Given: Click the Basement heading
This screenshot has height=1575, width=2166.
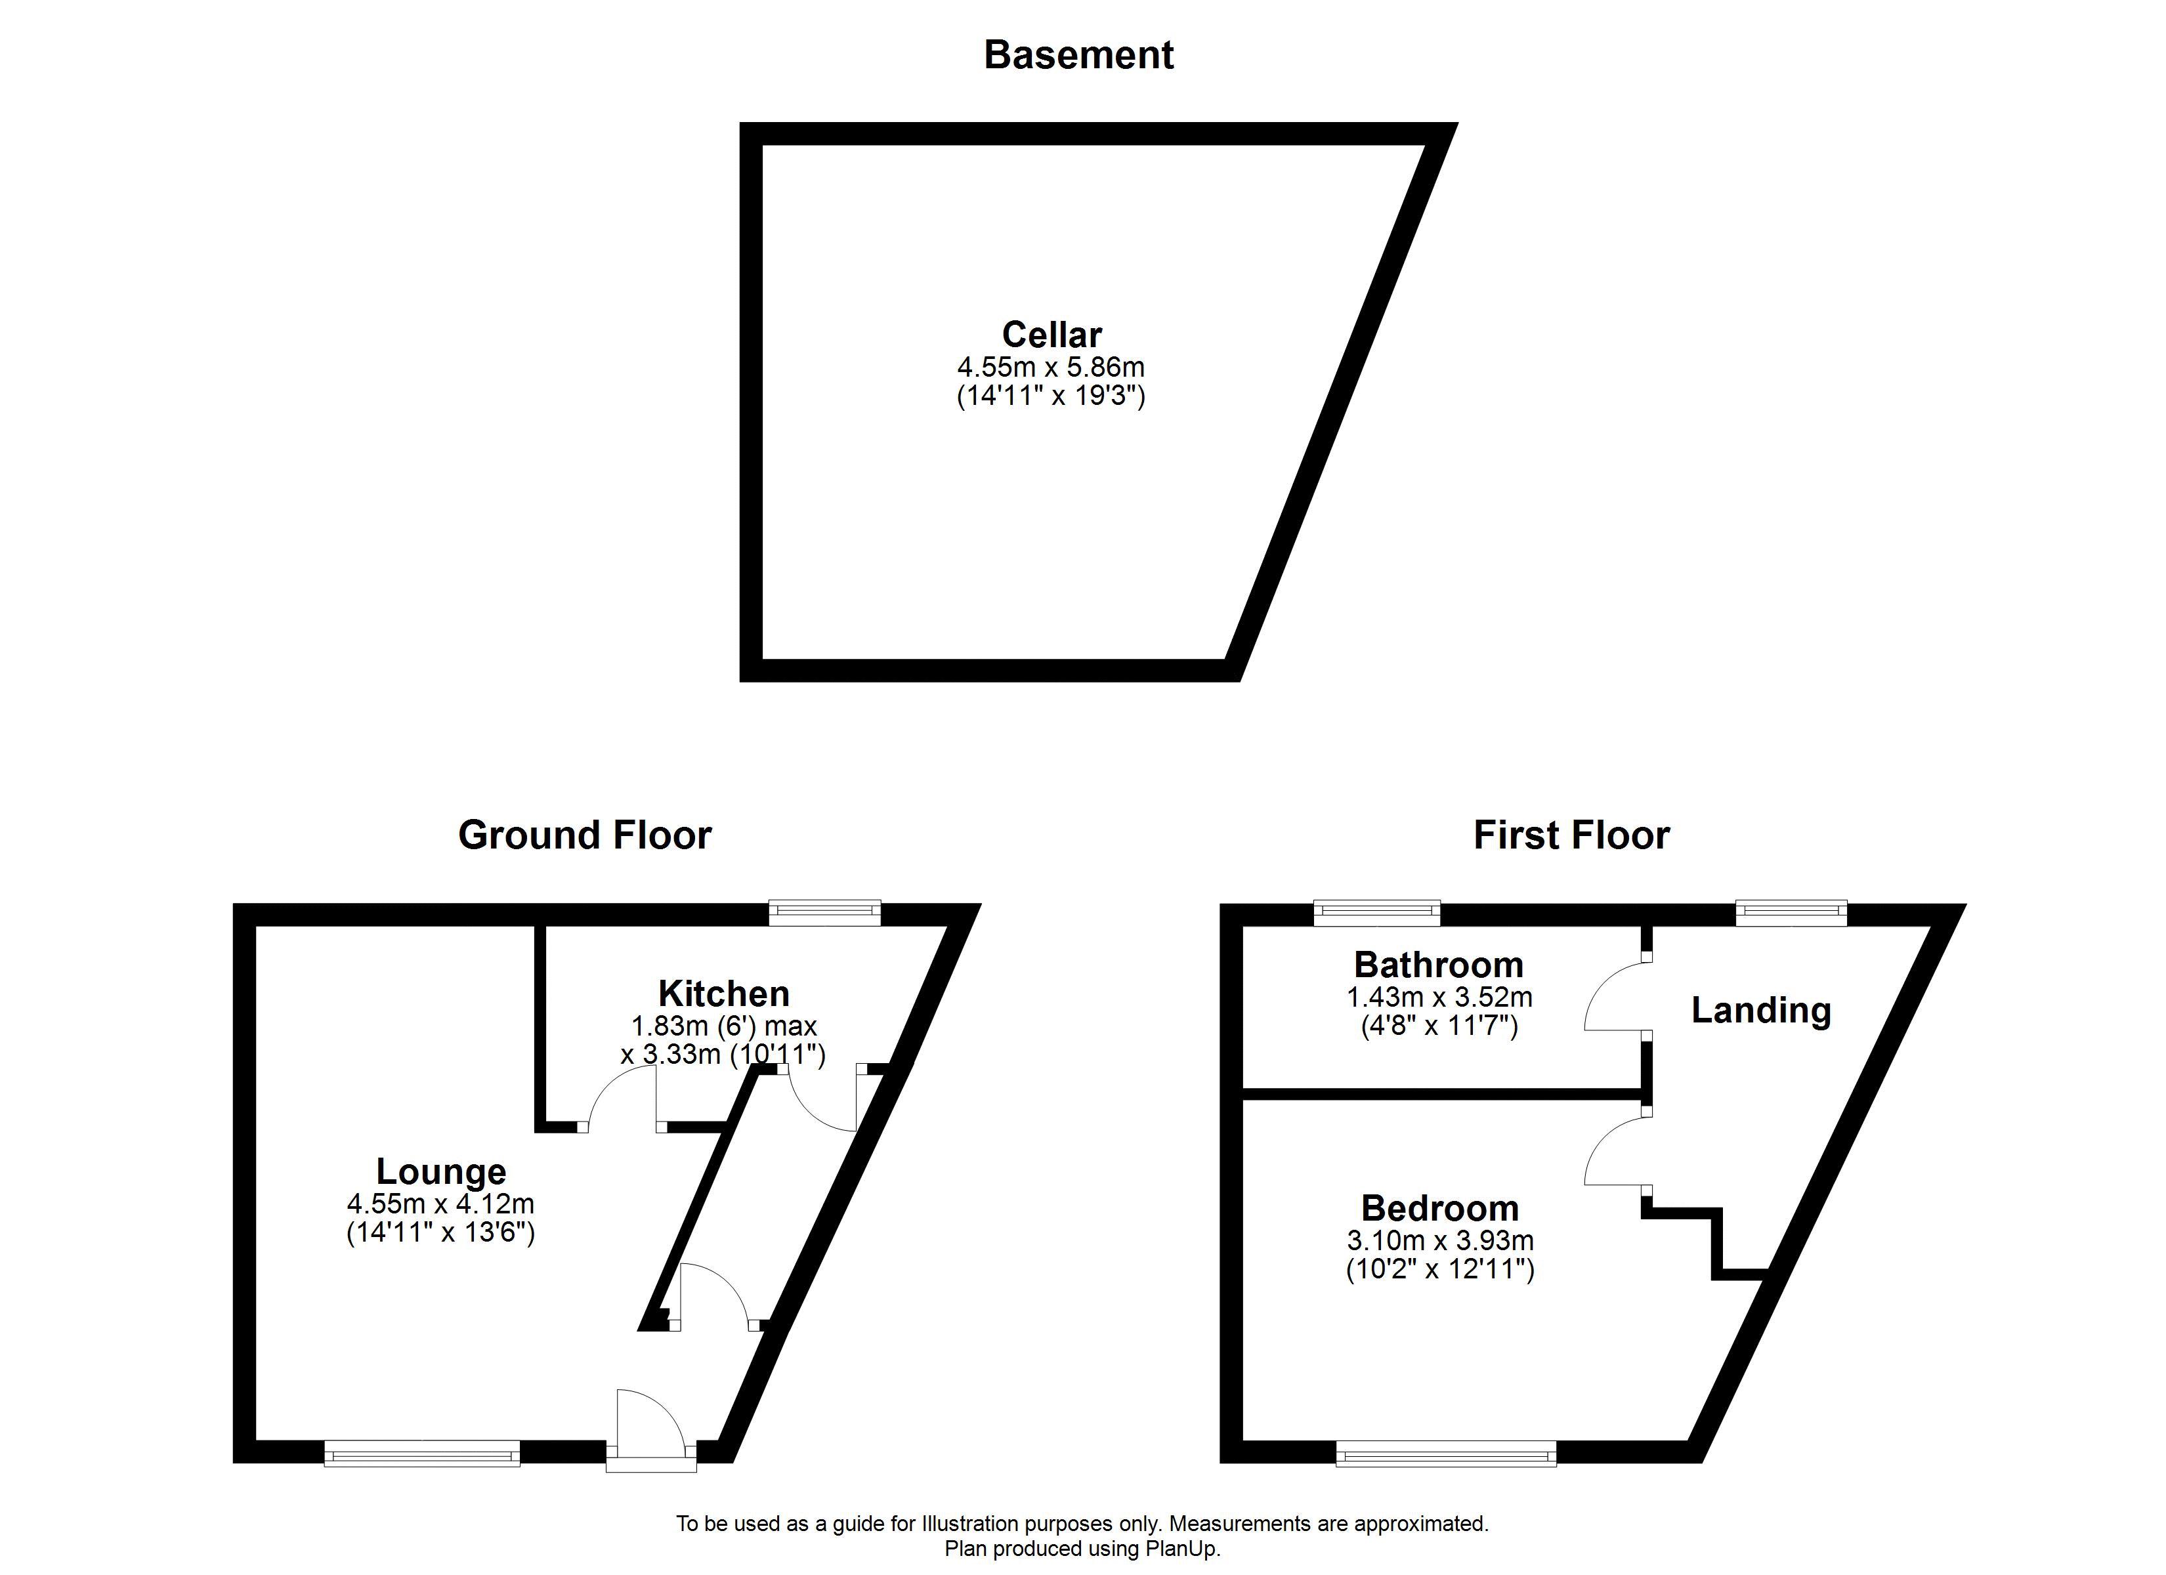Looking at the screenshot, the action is [1078, 55].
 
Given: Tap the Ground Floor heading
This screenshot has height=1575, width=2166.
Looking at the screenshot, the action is [584, 835].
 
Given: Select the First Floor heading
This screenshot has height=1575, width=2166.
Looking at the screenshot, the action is [1571, 835].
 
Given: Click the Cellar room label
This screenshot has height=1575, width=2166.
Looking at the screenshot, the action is [1051, 335].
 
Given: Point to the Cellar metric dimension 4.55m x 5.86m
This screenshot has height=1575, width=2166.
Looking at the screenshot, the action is [1051, 367].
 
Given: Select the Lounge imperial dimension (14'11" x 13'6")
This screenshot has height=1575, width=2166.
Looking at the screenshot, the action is [440, 1232].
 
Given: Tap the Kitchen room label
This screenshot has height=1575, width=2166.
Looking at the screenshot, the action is [724, 994].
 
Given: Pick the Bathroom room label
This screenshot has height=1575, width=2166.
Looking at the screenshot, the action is [1438, 965].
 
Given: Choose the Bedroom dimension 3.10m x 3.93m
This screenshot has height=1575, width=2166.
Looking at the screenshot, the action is [1440, 1241].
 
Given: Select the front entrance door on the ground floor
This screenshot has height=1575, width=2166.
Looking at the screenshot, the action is [651, 1433].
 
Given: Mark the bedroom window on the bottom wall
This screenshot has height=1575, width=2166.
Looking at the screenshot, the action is [1446, 1456].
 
